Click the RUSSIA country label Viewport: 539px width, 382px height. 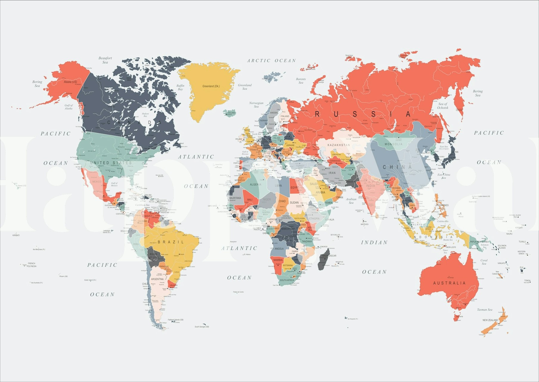tap(363, 114)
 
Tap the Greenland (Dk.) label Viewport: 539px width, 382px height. tap(211, 86)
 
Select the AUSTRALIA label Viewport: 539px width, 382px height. tap(449, 283)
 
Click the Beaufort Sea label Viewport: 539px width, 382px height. tap(105, 60)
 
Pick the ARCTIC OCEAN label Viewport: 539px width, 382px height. tap(271, 61)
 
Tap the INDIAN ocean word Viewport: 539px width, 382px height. tap(374, 242)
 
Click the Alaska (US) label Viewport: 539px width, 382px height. tap(70, 82)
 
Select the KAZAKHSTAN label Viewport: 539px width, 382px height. tap(339, 145)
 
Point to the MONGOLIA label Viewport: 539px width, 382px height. tap(394, 144)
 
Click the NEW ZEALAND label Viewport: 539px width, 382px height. tap(490, 320)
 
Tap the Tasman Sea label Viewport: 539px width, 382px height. tap(484, 310)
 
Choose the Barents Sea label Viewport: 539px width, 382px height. tap(301, 81)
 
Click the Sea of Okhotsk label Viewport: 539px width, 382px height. tap(443, 106)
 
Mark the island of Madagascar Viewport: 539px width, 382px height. tap(324, 259)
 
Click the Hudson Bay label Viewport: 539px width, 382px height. tap(145, 115)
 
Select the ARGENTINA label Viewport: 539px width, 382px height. tap(157, 279)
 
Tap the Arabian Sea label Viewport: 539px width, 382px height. tap(351, 201)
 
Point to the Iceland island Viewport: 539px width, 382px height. tap(230, 113)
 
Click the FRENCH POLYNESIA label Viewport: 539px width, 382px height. tap(31, 265)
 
